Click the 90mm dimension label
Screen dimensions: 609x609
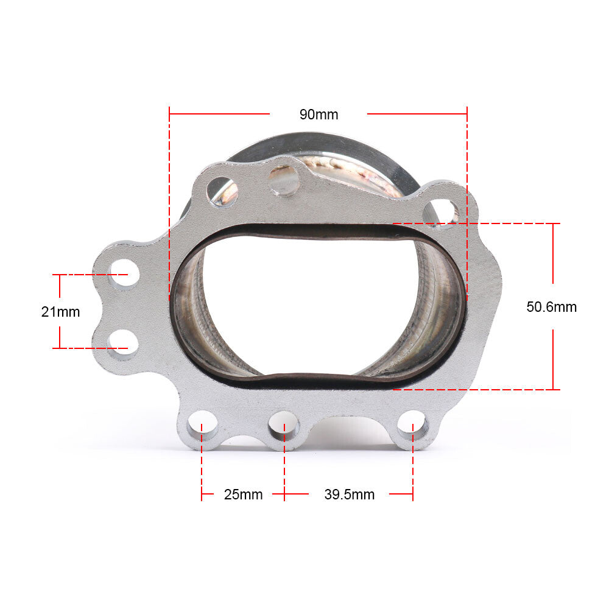[319, 114]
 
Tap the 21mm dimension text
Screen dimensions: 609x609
[60, 312]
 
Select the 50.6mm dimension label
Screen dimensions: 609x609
[552, 307]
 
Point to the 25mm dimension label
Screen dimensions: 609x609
[244, 495]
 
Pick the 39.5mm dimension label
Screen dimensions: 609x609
[350, 495]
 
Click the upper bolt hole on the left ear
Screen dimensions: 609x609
[124, 273]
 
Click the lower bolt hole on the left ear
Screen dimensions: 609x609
[123, 343]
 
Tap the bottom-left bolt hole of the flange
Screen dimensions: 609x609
[203, 426]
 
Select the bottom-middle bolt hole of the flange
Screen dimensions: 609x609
[284, 426]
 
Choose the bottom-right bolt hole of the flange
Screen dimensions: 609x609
[413, 426]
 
